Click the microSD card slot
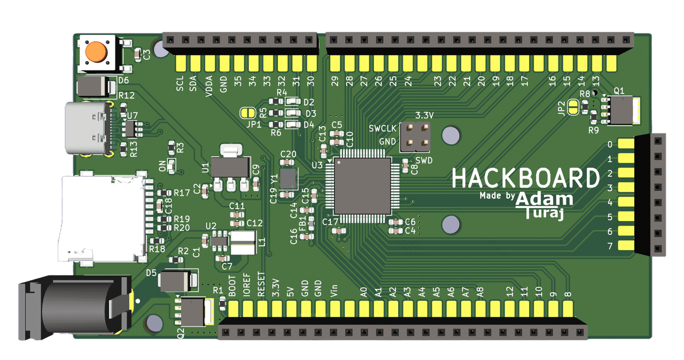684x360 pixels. [102, 218]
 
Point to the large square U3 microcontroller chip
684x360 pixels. [362, 186]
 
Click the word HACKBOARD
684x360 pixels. [526, 178]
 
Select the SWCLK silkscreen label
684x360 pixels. [382, 128]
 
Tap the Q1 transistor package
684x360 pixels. [620, 111]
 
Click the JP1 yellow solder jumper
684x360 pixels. [247, 113]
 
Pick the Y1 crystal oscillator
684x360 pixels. [289, 178]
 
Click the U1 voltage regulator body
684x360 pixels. [230, 167]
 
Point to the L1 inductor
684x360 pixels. [243, 242]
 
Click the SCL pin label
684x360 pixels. [180, 84]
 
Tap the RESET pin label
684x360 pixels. [261, 284]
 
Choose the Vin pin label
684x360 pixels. [334, 291]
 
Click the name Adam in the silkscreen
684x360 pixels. [545, 199]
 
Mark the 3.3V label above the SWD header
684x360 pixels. [424, 115]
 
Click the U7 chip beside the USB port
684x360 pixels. [130, 129]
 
